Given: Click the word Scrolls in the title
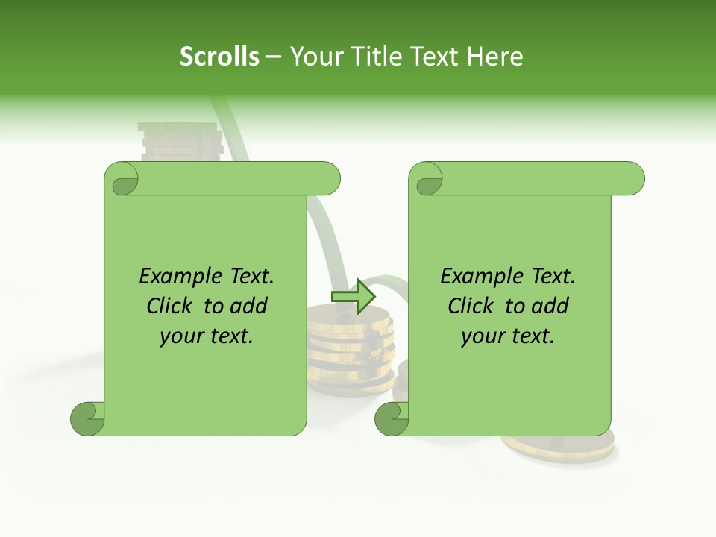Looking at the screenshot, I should (219, 57).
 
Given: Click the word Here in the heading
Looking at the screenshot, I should (495, 57).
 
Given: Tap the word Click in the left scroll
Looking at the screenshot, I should (170, 306).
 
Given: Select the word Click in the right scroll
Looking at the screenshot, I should (471, 306).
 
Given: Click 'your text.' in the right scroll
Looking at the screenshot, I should (508, 336).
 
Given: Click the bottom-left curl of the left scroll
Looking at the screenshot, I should (88, 418).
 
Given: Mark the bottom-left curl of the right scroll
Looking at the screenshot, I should (392, 418).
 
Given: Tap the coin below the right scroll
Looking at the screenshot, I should (559, 445).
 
